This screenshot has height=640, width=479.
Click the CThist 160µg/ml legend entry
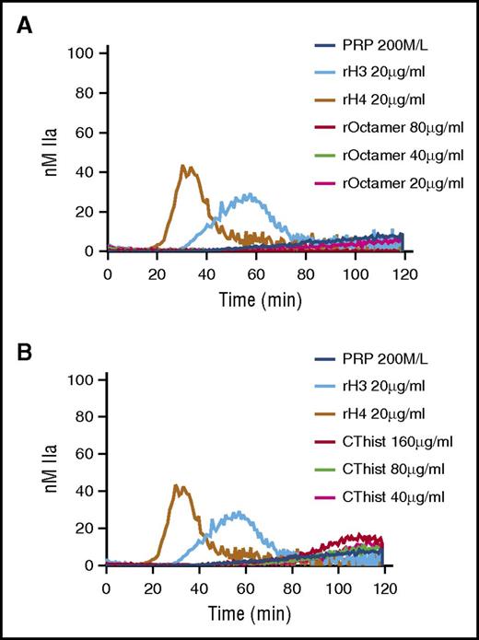(x=388, y=444)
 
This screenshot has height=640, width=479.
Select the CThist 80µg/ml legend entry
(x=385, y=471)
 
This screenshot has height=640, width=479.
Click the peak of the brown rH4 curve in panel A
(x=183, y=167)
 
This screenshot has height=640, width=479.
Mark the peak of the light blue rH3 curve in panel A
(x=247, y=194)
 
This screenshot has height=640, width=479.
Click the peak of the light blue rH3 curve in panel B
(x=240, y=512)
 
